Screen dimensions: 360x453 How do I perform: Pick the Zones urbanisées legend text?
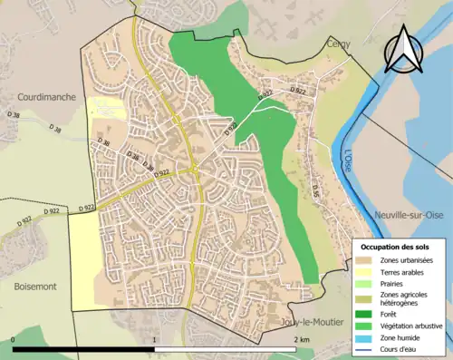click(407, 260)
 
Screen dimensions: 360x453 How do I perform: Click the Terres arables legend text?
click(401, 272)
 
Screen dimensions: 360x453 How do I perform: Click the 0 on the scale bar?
click(14, 339)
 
